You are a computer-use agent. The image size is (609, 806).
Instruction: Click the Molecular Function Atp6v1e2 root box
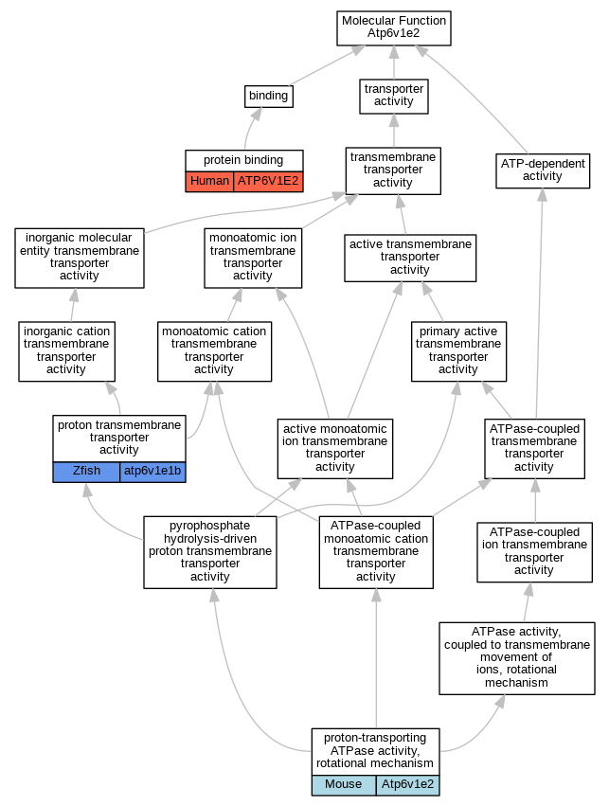(394, 28)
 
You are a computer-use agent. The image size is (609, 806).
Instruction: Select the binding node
(268, 96)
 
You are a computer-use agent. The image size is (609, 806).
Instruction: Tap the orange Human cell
(209, 182)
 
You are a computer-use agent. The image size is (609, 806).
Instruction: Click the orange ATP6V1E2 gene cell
(268, 182)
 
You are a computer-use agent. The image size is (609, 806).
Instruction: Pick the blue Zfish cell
(86, 472)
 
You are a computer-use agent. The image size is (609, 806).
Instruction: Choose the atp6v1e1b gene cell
(152, 472)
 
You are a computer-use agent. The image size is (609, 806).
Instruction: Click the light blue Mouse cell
(343, 785)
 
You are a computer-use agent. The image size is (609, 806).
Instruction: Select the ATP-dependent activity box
(543, 170)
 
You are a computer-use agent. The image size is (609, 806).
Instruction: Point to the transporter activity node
(394, 96)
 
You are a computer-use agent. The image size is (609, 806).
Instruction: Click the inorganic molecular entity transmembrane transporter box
(80, 258)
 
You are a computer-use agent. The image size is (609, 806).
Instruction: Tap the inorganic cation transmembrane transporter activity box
(67, 351)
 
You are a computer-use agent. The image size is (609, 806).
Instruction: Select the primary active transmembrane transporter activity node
(458, 351)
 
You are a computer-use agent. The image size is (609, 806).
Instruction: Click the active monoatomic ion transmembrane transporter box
(335, 449)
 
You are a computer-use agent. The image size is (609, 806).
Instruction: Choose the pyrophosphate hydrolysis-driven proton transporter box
(210, 552)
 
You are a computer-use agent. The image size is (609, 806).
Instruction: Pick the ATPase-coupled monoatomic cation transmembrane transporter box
(376, 552)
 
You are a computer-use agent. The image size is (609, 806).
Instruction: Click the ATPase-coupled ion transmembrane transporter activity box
(534, 552)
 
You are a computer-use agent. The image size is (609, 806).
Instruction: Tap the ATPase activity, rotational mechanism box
(517, 658)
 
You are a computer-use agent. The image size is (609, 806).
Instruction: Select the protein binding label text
(243, 160)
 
